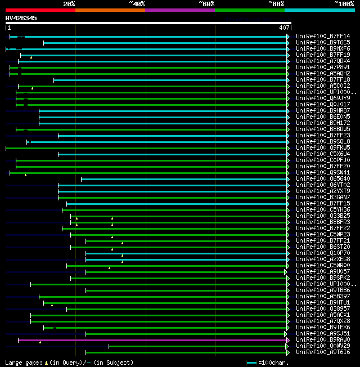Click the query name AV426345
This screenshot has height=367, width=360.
[21, 18]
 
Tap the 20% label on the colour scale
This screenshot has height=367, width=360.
[69, 4]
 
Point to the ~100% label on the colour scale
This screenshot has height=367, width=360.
[344, 4]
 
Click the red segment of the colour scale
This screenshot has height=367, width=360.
[40, 10]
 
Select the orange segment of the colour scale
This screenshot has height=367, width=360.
[110, 10]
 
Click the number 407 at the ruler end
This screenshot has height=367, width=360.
[283, 28]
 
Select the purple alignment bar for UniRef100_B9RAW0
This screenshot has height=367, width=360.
[152, 340]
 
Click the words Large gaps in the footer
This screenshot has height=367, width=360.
[22, 362]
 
